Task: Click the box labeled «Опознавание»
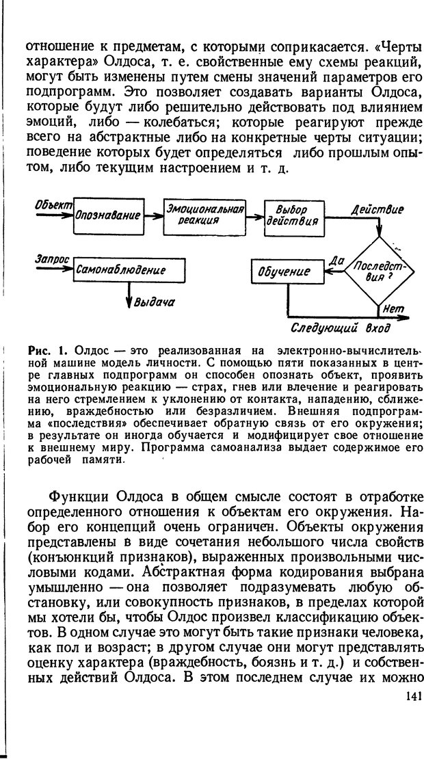click(107, 215)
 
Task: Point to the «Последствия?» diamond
click(380, 271)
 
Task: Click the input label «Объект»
click(52, 205)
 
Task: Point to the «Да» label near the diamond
click(335, 261)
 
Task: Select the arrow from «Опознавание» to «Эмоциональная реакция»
click(153, 215)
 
